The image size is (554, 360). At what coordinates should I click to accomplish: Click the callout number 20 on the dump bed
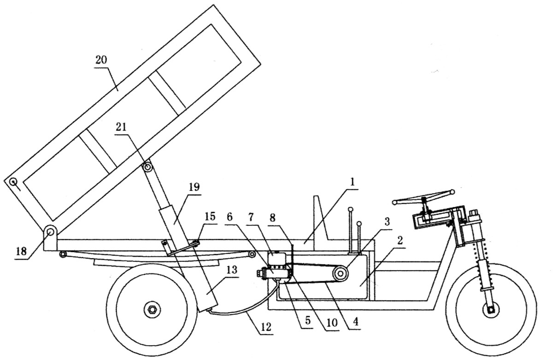(x=101, y=60)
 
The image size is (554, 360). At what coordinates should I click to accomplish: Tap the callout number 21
(x=121, y=127)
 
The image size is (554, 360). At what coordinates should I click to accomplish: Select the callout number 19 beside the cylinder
(x=194, y=187)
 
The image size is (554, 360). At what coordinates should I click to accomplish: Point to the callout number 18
(x=21, y=251)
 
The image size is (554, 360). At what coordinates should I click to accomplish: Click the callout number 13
(x=232, y=270)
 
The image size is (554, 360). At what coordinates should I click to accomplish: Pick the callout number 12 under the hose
(x=266, y=327)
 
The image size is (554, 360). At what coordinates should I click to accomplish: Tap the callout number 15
(x=210, y=217)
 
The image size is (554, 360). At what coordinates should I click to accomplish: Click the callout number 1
(x=353, y=182)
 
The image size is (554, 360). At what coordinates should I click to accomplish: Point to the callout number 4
(x=355, y=321)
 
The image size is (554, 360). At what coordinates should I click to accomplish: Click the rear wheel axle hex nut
(x=151, y=309)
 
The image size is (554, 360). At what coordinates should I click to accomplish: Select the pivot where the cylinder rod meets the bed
(x=148, y=167)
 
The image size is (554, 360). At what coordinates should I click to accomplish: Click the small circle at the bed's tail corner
(x=12, y=182)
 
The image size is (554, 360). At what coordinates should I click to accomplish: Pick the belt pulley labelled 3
(x=341, y=274)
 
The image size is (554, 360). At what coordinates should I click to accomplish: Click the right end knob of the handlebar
(x=452, y=191)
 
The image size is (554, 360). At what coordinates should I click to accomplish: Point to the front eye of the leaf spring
(x=252, y=254)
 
